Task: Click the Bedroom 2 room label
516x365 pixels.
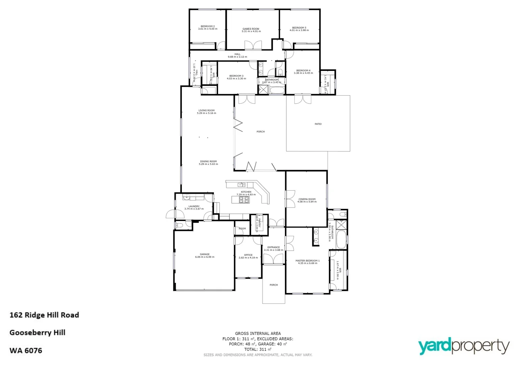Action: (207, 26)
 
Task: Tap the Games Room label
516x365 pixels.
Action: (251, 29)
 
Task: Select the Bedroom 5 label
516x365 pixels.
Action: (299, 28)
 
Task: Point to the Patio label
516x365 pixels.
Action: (318, 124)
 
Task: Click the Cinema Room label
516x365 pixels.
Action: (307, 199)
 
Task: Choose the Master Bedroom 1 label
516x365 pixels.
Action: (307, 261)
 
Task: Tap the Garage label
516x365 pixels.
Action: (204, 254)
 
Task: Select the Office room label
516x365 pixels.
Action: (248, 255)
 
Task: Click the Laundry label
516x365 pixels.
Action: (194, 206)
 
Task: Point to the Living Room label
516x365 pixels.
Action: (206, 111)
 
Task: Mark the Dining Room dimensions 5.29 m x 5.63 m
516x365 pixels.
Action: (208, 164)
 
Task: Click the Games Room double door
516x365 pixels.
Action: (253, 45)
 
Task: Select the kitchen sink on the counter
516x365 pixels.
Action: (241, 185)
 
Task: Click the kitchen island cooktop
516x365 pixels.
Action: (244, 200)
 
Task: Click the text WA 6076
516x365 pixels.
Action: (26, 350)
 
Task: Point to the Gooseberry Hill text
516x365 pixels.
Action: (37, 333)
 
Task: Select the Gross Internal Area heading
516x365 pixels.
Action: (258, 334)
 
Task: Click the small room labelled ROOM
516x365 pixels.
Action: (242, 229)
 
